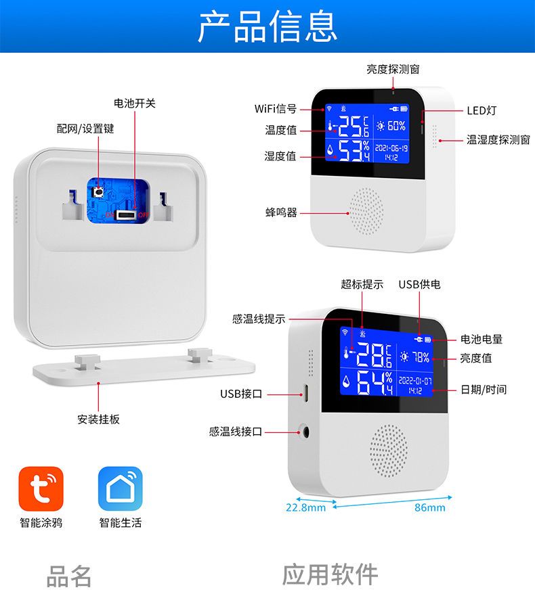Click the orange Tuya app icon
coord(41,488)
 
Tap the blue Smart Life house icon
coord(120,488)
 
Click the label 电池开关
coord(135,104)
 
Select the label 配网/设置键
coord(85,129)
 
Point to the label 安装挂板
coord(99,419)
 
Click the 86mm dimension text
coord(430,507)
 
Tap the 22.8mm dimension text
coord(305,507)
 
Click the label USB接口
coord(241,394)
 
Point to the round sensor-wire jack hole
coord(305,432)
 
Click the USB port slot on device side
coord(305,393)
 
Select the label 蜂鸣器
coord(281,212)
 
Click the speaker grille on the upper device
coord(366,211)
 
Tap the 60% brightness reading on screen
coord(397,126)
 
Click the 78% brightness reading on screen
coord(421,357)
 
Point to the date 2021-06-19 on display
coord(391,148)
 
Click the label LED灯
coord(481,111)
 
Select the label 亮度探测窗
coord(393,69)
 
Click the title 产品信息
coord(267,26)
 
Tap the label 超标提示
coord(362,284)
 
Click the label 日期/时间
coord(484,390)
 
